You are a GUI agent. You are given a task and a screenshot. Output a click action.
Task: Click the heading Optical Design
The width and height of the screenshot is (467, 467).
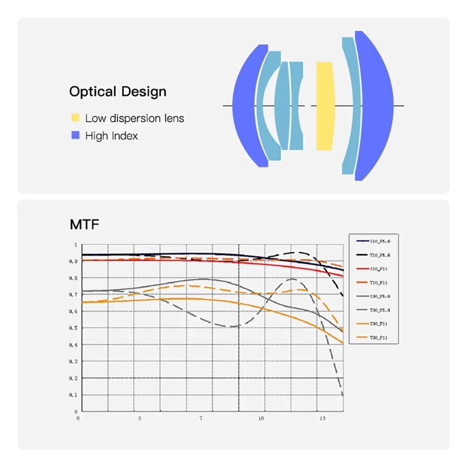(x=118, y=92)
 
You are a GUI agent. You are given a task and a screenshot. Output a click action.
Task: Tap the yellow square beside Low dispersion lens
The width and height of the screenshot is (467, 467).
(x=75, y=118)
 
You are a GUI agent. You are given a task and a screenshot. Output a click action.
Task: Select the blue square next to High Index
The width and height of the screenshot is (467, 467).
(x=75, y=135)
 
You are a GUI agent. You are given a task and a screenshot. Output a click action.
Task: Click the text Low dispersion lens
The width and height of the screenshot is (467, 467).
(x=134, y=118)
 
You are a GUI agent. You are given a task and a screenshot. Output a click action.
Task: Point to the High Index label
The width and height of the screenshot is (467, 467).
(x=111, y=136)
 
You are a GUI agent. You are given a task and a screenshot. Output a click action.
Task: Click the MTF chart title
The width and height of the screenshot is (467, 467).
(x=85, y=225)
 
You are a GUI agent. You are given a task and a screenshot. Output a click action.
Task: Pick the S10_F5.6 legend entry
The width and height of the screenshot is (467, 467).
(x=374, y=241)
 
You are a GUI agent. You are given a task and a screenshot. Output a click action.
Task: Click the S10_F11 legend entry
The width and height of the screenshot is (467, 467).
(x=374, y=269)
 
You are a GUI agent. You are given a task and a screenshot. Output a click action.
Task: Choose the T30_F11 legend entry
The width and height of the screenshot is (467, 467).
(x=374, y=338)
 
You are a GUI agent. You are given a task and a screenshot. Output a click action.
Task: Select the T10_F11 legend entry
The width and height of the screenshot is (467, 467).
(x=374, y=283)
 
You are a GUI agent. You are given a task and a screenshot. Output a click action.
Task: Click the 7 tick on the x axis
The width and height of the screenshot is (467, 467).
(x=201, y=418)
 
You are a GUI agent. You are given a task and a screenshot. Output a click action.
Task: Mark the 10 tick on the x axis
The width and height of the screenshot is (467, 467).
(x=261, y=418)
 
